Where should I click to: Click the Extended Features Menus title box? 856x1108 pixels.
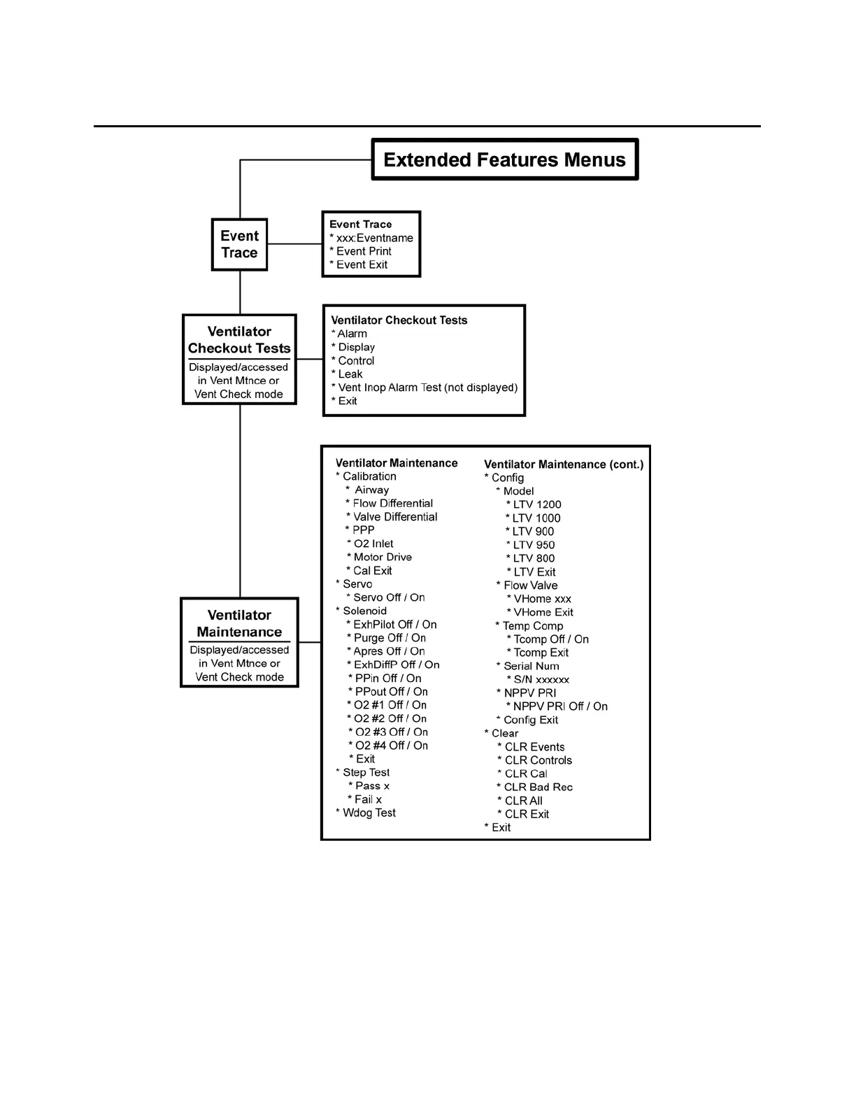504,159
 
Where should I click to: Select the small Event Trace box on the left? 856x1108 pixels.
239,244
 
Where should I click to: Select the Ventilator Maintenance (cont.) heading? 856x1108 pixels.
564,464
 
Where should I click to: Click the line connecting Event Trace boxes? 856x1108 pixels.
294,244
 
